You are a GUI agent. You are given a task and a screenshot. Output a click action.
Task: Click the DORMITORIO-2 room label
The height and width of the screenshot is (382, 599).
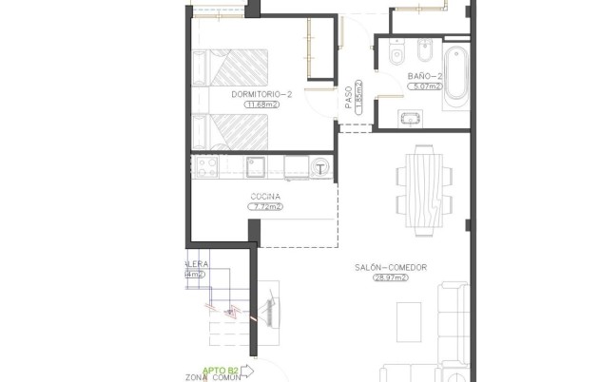tap(261, 95)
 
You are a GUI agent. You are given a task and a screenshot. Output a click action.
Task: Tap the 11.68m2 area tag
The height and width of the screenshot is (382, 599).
tap(261, 105)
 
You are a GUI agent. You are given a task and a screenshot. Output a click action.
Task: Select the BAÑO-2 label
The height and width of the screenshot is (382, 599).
tap(425, 76)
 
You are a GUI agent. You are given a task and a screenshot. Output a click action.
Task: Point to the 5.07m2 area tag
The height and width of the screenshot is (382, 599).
tap(425, 86)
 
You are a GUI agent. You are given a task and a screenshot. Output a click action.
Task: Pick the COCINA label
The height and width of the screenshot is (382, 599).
tap(266, 196)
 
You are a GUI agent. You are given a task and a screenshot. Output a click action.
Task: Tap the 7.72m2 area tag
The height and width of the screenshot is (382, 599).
tap(266, 206)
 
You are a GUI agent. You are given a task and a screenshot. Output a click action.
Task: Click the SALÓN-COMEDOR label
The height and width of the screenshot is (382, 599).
tap(388, 268)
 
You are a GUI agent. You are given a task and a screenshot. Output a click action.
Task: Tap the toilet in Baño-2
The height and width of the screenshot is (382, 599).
tap(396, 53)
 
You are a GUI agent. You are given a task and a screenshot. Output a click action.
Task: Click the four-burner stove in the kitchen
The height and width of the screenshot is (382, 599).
tap(206, 168)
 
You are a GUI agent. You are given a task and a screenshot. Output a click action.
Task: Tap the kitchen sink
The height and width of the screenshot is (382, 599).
tap(257, 168)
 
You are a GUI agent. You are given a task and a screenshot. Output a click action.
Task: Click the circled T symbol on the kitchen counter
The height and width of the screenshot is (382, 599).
tap(321, 168)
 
